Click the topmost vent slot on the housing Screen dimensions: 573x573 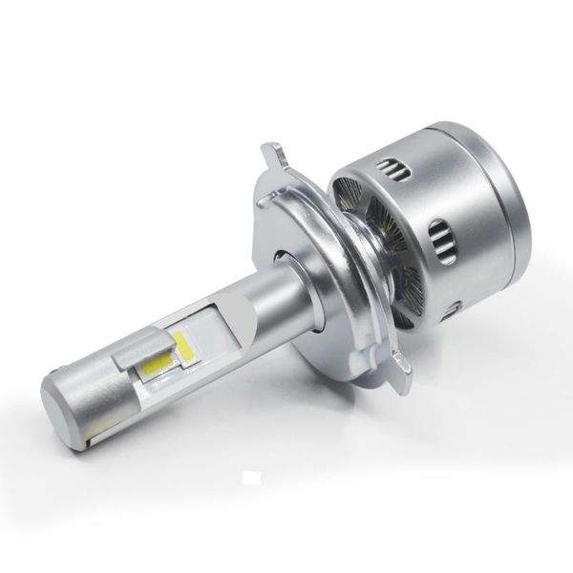pyautogui.click(x=393, y=172)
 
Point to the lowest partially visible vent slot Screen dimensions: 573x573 pyautogui.click(x=451, y=308)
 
